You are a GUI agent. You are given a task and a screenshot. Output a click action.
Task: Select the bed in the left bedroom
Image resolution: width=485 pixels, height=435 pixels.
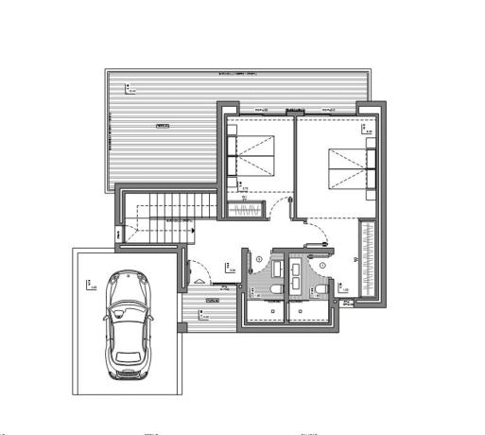[x=253, y=156]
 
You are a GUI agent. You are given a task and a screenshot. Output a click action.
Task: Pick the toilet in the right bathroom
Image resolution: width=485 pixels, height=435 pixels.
[x=320, y=288]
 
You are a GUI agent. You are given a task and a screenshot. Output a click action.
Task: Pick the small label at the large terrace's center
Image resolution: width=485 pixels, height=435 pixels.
[x=162, y=125]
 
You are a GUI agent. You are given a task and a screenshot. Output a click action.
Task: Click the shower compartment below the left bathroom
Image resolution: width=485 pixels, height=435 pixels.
[x=265, y=312]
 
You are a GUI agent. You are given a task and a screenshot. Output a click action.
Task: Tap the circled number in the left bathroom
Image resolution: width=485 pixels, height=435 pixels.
[x=258, y=257]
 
